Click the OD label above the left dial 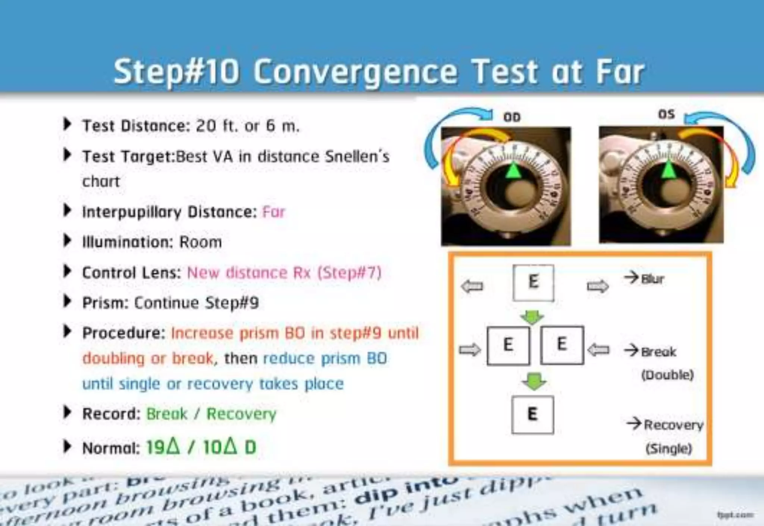coord(511,117)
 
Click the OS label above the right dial coord(666,114)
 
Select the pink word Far coord(274,212)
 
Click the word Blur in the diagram coord(652,279)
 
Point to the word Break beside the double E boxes coord(658,352)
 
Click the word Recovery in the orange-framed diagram coord(673,425)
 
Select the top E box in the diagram coord(533,282)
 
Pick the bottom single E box coord(532,414)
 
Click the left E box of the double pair coord(508,345)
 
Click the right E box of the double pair coord(562,344)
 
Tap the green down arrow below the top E coord(532,317)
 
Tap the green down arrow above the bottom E coord(534,382)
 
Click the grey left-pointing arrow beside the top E coord(472,286)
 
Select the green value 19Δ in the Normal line coord(163,446)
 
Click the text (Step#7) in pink coord(350,273)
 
